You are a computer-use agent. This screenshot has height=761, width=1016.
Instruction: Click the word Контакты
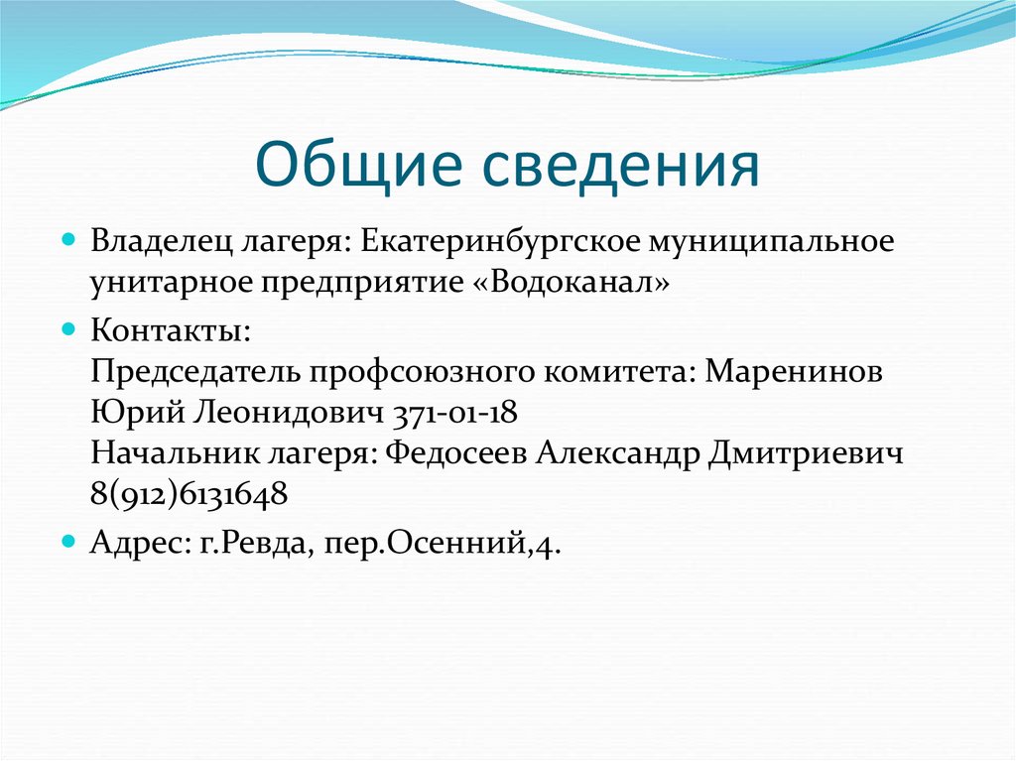coord(163,327)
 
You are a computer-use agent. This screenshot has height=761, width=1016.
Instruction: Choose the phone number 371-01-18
coord(457,412)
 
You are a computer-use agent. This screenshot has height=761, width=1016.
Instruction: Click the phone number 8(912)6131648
coord(190,494)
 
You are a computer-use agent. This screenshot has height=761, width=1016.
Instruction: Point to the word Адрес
coord(132,544)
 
